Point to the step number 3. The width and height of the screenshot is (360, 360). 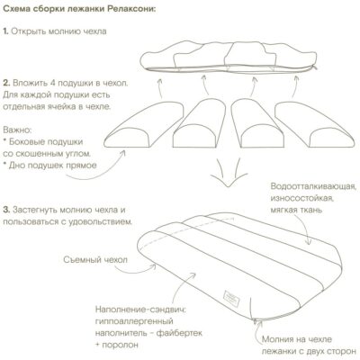[x=5, y=209]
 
